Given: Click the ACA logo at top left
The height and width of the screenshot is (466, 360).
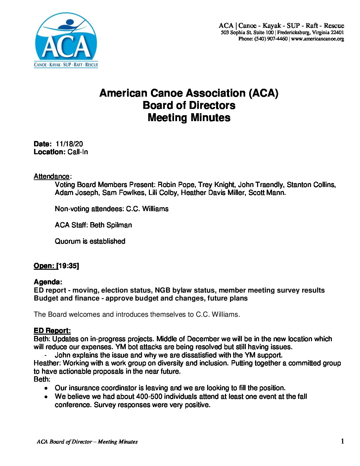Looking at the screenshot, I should tap(66, 40).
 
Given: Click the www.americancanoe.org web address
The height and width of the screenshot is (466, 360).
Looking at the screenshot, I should tap(318, 39).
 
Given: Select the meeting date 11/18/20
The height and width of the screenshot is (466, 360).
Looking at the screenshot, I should tap(69, 144).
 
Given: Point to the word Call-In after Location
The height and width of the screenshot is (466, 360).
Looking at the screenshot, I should tap(78, 152).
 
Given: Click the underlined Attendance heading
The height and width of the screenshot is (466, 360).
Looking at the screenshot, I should tap(52, 176).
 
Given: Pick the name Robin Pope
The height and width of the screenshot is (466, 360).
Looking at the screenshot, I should tap(176, 185).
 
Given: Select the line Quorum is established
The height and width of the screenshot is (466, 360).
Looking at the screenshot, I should tap(90, 241).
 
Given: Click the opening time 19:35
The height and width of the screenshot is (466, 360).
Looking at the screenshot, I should tap(68, 266).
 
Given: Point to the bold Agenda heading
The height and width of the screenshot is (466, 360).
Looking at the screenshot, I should tap(48, 282).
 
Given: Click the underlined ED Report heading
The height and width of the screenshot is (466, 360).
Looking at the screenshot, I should tap(52, 331).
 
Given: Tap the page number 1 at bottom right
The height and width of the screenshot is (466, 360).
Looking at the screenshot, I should tap(342, 441).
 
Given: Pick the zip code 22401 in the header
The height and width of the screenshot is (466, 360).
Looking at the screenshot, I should tap(337, 32).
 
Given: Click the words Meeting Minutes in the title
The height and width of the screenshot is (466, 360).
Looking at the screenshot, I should tap(189, 117).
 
